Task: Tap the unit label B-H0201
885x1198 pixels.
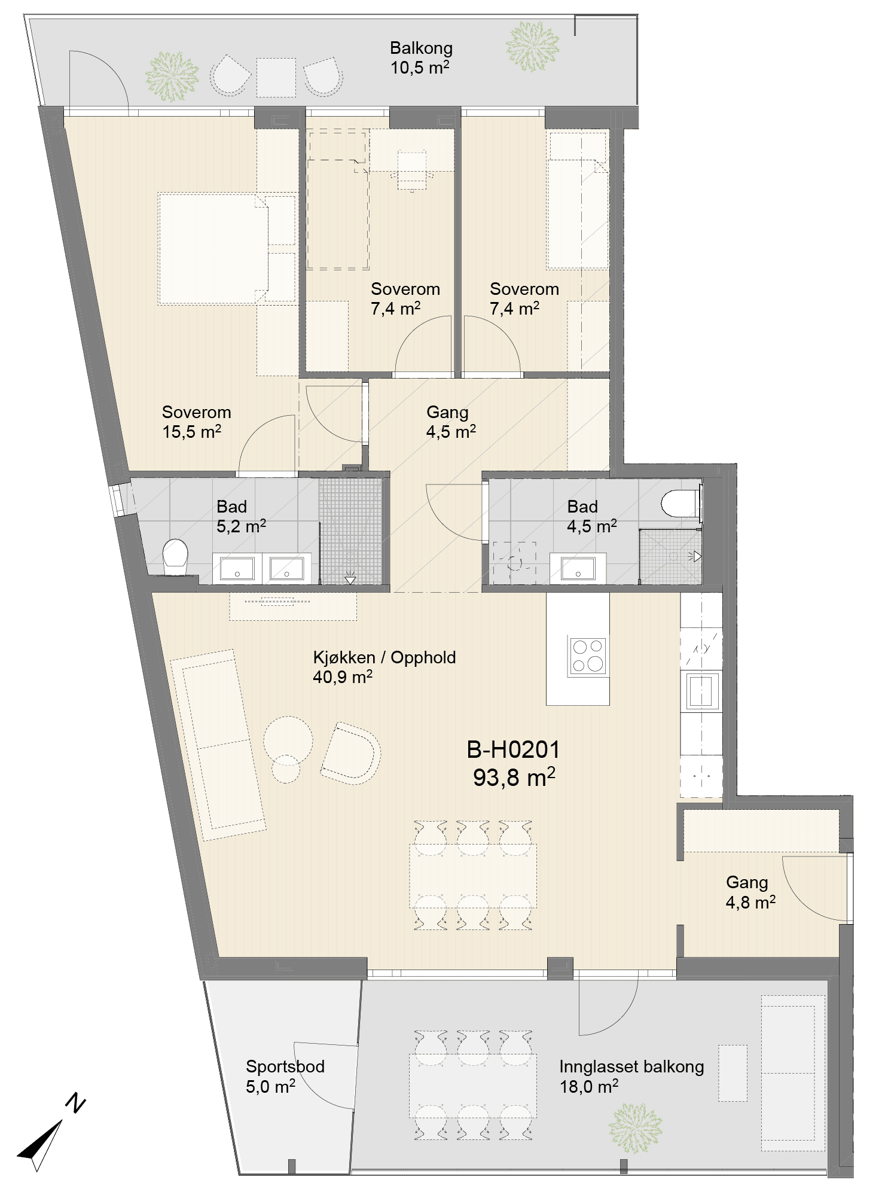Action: tap(513, 749)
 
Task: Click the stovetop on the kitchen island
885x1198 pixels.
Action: tap(588, 656)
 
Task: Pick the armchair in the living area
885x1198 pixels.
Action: tap(351, 753)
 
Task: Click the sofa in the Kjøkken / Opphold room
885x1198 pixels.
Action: tap(218, 745)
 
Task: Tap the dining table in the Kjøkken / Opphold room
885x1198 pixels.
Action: tap(473, 876)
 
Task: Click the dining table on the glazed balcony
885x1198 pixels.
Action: tap(473, 1085)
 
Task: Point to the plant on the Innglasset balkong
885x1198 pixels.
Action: tap(635, 1128)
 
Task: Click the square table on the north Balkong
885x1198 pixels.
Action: tap(276, 77)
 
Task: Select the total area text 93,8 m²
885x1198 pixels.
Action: tap(514, 778)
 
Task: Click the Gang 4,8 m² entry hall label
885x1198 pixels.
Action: tap(750, 892)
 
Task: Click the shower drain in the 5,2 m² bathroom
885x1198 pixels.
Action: tap(350, 579)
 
